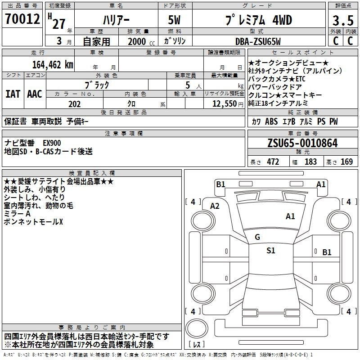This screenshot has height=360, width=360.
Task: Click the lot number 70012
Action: click(x=22, y=19)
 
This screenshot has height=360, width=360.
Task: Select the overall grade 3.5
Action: click(x=343, y=20)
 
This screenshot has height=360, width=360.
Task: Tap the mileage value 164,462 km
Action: click(x=53, y=64)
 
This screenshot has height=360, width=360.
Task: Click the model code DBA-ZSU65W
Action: click(x=258, y=41)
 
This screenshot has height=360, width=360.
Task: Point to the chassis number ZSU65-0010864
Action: click(x=302, y=143)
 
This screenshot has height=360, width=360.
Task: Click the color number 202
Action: click(x=74, y=104)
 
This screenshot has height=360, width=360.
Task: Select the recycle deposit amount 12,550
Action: click(x=225, y=104)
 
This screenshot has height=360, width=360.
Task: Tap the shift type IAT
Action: click(x=13, y=94)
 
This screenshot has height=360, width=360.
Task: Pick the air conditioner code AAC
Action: click(x=35, y=94)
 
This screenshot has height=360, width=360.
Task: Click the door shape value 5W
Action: click(x=174, y=20)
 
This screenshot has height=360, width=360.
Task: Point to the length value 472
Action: click(x=273, y=162)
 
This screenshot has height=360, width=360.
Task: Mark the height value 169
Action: click(x=346, y=162)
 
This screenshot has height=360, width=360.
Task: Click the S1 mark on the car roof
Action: click(x=271, y=251)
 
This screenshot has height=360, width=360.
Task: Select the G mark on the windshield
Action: click(x=257, y=237)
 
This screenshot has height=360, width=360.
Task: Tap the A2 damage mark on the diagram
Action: click(x=215, y=206)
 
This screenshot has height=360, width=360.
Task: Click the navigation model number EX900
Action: click(x=52, y=143)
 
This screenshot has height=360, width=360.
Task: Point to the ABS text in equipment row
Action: click(x=271, y=121)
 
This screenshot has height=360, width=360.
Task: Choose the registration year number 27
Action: click(x=59, y=24)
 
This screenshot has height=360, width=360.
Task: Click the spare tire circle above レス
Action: click(x=197, y=328)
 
